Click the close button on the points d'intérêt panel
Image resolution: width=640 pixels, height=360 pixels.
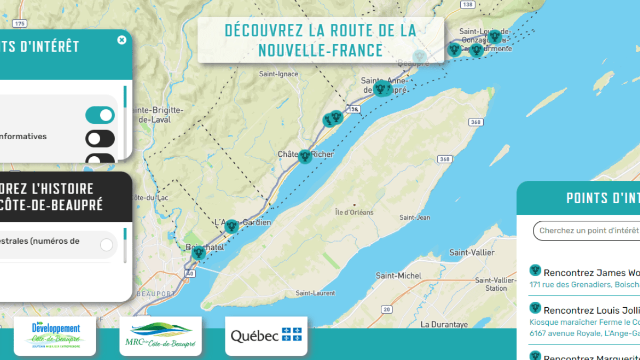pos(122,40)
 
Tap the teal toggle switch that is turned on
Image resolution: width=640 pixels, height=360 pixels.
pos(100,115)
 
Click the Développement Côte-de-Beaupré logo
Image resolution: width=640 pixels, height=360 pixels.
pos(55,336)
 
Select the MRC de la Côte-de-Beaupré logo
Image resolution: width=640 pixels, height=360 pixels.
pos(161,336)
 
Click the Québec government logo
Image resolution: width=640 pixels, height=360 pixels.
pos(266,336)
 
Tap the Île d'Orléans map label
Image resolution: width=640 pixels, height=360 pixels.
pos(354,212)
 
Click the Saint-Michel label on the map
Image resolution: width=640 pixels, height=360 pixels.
pos(398,276)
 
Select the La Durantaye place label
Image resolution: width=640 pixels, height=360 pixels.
pos(444,324)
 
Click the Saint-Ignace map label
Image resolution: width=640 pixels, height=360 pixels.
pos(278,74)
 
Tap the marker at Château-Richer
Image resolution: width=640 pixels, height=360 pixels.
pos(305,156)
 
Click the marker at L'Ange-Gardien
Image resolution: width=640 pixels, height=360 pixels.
pos(231,226)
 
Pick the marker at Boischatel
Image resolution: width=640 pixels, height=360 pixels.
pos(198,252)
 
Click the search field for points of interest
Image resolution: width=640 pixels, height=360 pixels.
pos(587,231)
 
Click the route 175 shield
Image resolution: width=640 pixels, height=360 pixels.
pos(20,23)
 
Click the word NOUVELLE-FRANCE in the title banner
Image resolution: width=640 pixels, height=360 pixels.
pos(321,51)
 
